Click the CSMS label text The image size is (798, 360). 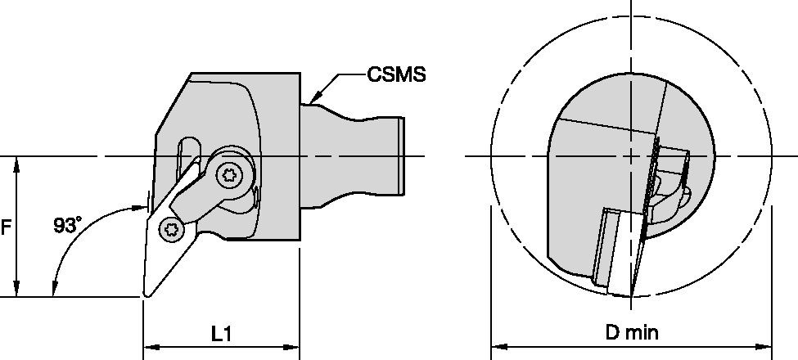(x=396, y=76)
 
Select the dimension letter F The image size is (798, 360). (x=6, y=228)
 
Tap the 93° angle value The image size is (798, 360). (x=68, y=224)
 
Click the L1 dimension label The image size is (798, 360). (x=222, y=333)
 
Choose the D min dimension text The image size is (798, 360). (x=631, y=333)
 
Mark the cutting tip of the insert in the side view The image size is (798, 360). (x=146, y=296)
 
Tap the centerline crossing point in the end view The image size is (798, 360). (x=631, y=156)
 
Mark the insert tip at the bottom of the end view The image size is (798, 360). (x=631, y=295)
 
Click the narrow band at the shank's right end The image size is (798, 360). (x=402, y=156)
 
